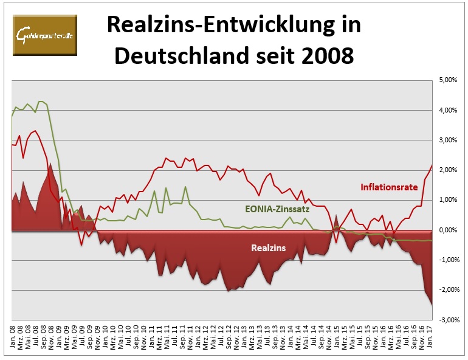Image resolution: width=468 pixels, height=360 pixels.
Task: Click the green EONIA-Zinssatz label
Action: (x=276, y=210)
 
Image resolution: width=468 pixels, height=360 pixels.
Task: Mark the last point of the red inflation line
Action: (x=432, y=165)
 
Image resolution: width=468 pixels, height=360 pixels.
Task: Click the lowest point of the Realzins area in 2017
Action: (x=432, y=305)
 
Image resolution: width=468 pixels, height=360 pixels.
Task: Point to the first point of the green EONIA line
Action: (x=13, y=115)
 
